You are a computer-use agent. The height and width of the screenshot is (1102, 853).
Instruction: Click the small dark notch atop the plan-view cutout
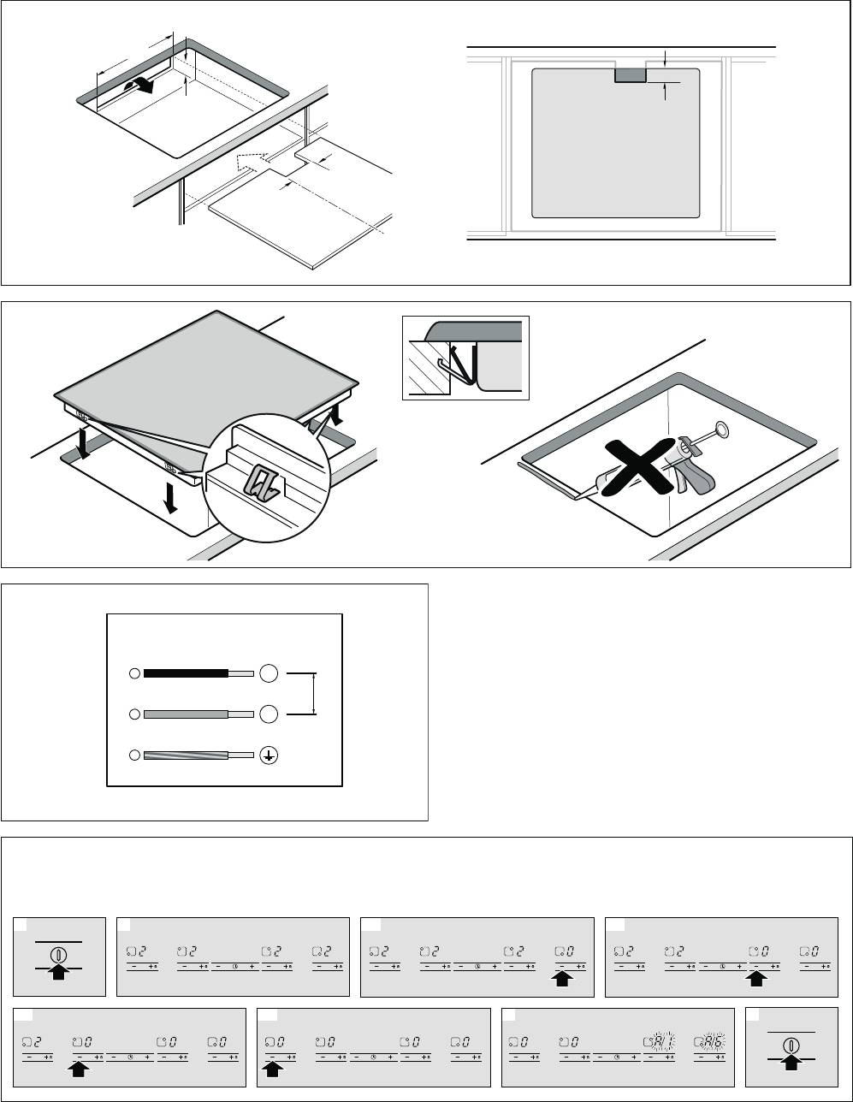631,75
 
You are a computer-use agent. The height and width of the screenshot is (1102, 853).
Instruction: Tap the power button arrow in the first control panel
59,973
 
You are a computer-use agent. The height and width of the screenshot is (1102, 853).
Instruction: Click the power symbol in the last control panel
791,1046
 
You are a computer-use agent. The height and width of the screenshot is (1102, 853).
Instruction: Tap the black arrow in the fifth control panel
79,1067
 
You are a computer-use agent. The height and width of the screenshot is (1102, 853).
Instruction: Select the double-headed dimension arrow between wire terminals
316,693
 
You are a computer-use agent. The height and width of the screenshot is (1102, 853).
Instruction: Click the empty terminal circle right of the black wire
268,674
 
